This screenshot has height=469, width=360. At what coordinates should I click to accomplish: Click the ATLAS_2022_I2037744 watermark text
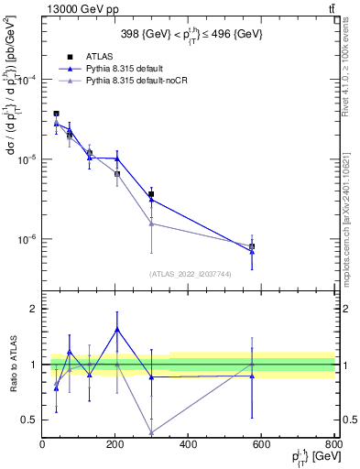pos(190,274)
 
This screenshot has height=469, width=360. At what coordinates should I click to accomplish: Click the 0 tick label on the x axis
pos(43,445)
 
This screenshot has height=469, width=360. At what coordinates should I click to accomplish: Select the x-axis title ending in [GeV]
pos(311,458)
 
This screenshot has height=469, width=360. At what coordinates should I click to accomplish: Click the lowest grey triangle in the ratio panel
pos(152,432)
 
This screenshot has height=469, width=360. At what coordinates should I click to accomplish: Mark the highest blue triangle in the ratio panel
pos(116,329)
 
